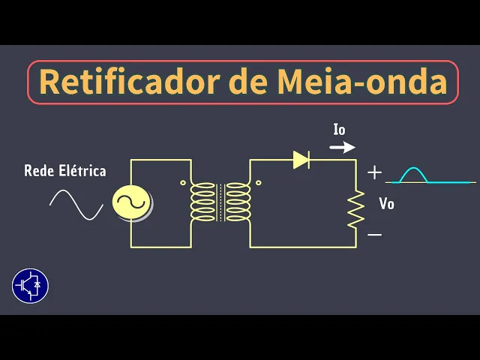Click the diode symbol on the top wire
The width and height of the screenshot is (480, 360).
301,159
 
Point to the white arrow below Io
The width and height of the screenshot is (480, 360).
343,147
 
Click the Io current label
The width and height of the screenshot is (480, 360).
340,130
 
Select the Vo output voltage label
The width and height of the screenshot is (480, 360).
386,203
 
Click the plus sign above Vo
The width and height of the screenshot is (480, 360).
374,173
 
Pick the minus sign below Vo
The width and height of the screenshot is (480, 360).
374,235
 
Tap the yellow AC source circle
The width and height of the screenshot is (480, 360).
131,202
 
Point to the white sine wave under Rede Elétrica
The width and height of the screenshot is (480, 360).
76,204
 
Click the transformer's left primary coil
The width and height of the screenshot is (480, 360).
202,202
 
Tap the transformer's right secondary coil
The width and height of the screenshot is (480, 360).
238,202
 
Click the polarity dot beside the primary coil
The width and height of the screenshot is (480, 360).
182,182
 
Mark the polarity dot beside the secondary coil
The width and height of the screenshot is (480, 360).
259,182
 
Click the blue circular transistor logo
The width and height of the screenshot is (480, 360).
31,286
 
